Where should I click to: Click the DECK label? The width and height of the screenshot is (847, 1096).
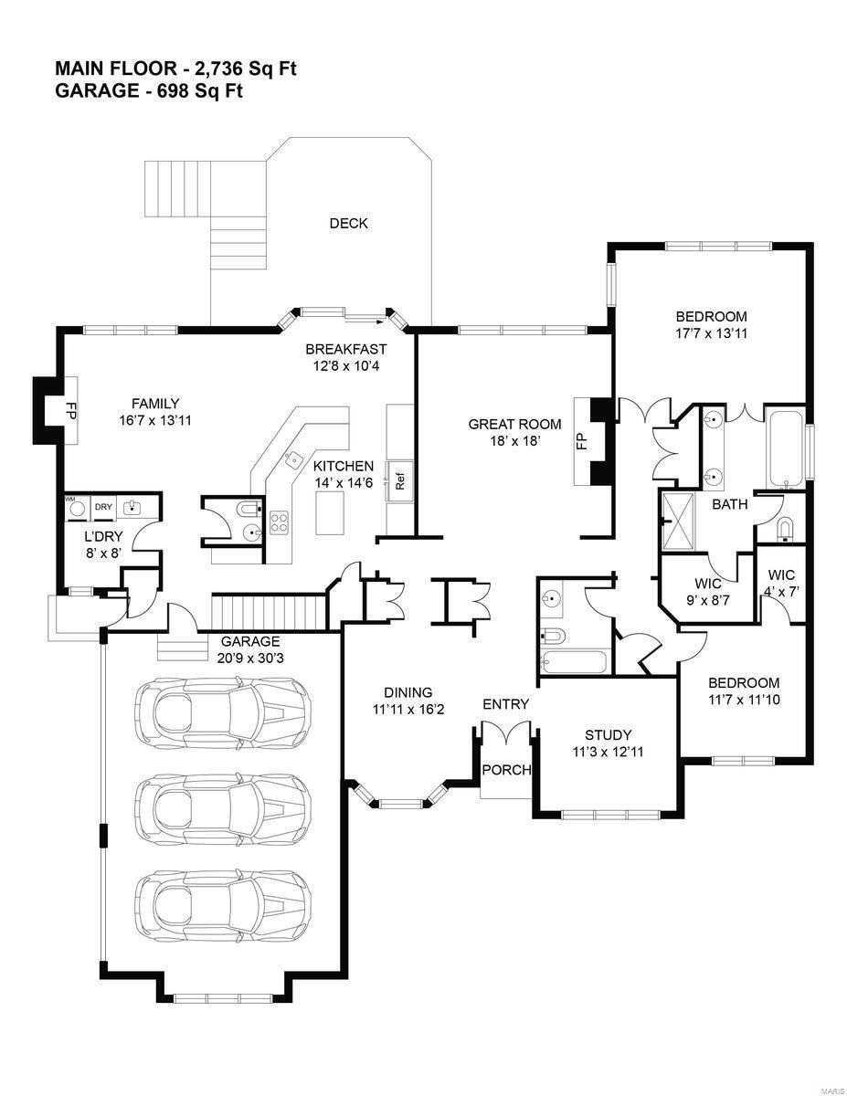click(348, 224)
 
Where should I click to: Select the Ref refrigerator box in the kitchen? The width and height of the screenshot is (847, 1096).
click(399, 477)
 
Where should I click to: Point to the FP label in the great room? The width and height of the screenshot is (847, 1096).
click(580, 442)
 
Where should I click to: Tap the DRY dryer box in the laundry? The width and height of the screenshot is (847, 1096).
click(103, 507)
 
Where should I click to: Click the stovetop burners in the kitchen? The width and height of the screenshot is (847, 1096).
click(279, 523)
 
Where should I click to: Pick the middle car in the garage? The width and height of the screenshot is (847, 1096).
click(222, 806)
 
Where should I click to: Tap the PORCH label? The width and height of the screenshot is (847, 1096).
click(505, 770)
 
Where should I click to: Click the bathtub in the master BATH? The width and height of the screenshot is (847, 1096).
click(786, 450)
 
